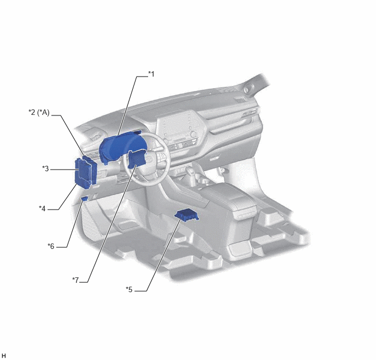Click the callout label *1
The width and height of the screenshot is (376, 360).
(151, 74)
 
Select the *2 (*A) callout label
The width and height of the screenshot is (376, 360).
(39, 112)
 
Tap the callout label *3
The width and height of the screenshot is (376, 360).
(45, 169)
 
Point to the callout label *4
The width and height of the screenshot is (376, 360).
(42, 208)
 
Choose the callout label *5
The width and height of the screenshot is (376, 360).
(129, 289)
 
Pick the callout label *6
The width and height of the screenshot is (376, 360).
(51, 246)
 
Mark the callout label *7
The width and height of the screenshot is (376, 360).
(75, 280)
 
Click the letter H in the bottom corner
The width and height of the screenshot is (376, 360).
(3, 356)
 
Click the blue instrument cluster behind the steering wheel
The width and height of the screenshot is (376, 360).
(121, 147)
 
